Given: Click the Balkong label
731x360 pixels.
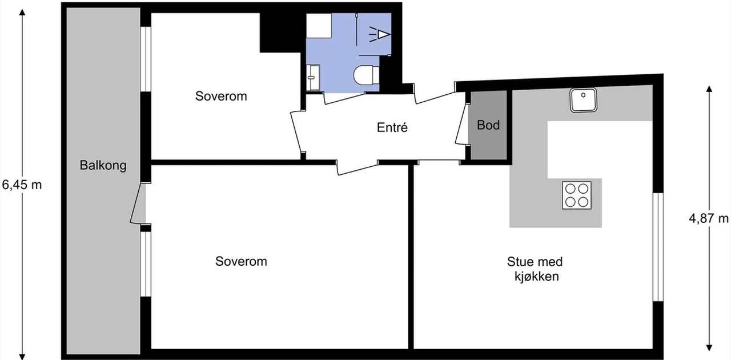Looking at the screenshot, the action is pos(103,165).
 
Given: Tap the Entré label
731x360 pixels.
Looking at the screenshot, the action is pos(392,127).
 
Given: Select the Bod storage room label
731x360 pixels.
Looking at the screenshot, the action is pos(488,125).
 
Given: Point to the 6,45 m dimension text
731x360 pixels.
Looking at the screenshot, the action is pos(22,185).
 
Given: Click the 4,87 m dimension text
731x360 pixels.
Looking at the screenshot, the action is pos(708,218).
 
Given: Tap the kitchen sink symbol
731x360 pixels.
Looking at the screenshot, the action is pos(583,100).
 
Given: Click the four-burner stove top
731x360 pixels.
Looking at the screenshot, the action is pos(577,195).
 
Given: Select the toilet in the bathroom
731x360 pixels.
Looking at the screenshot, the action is pos(366,75).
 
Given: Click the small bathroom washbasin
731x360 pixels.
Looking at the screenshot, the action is pos(312,77).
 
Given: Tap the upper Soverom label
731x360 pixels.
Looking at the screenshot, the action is pos(221,96).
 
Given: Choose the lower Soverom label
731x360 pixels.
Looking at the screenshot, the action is pos(241,261).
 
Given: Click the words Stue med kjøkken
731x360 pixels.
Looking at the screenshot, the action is pos(535,269).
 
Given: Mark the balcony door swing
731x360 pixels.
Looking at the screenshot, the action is pos(138,203).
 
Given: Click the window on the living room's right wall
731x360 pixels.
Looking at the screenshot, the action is pos(658,247).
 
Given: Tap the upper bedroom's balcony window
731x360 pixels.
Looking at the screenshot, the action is pos(146,59).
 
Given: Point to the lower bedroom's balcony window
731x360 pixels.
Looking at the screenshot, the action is pos(146,264).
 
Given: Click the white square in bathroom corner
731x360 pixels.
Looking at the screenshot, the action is pos(319,26).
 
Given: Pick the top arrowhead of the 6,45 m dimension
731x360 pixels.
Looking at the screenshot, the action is pos(22,12).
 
